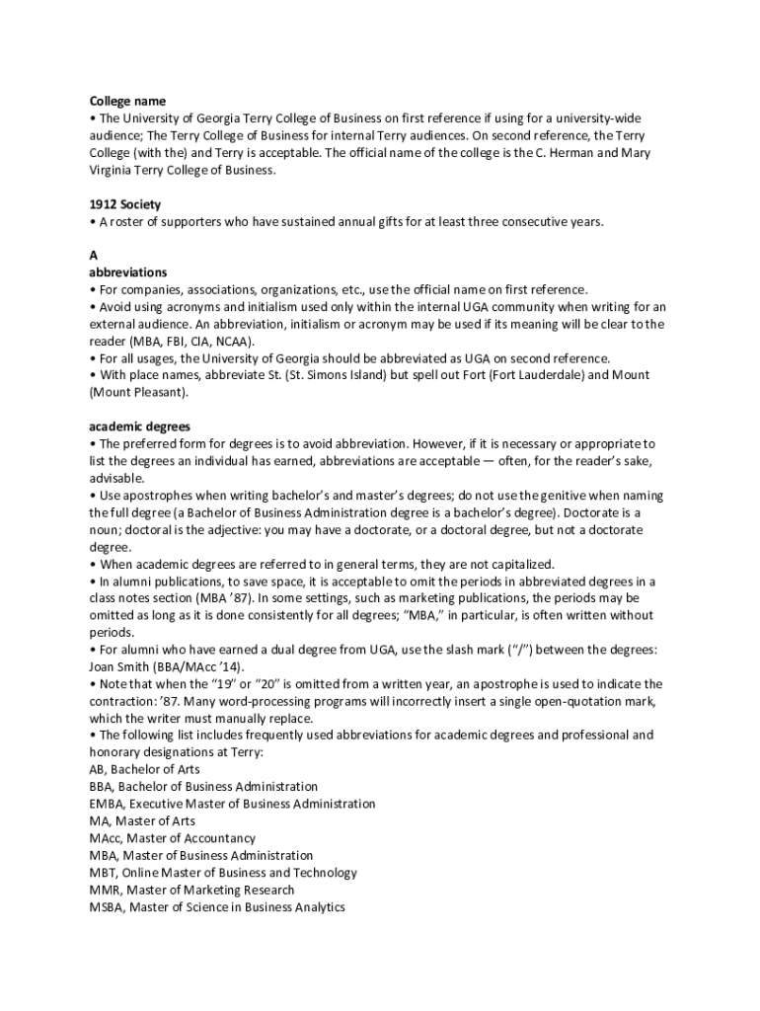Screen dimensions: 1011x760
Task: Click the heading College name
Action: tap(127, 101)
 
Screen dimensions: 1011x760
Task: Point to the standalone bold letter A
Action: tap(94, 255)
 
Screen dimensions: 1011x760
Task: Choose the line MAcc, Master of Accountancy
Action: tap(158, 838)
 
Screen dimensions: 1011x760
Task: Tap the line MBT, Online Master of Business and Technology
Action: tap(223, 873)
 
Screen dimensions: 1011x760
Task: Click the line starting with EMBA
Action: tap(232, 804)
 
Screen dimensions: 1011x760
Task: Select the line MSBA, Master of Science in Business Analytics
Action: tap(217, 906)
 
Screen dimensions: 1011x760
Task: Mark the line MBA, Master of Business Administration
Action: tap(201, 855)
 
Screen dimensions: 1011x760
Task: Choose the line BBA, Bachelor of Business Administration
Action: tap(203, 787)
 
